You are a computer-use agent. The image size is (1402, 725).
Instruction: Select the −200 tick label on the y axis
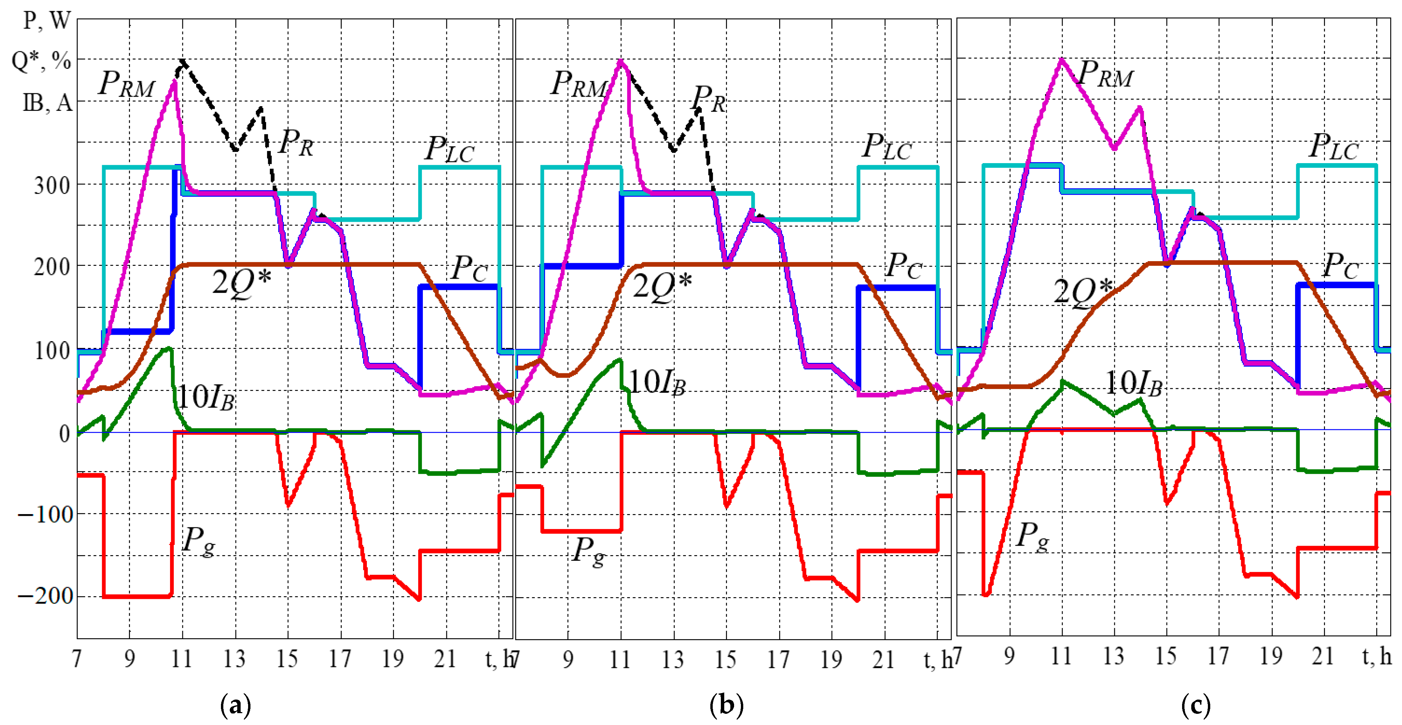click(x=46, y=596)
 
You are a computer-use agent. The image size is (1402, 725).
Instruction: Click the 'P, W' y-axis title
click(x=48, y=21)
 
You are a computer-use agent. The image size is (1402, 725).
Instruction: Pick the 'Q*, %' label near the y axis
click(x=41, y=61)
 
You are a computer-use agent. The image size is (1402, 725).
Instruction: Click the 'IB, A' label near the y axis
click(x=48, y=102)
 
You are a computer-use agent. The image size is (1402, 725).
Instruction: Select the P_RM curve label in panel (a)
click(x=126, y=84)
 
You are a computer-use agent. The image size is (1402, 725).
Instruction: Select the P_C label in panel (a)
click(x=469, y=269)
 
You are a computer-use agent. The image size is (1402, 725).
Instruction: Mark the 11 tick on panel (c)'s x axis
click(x=1061, y=657)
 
